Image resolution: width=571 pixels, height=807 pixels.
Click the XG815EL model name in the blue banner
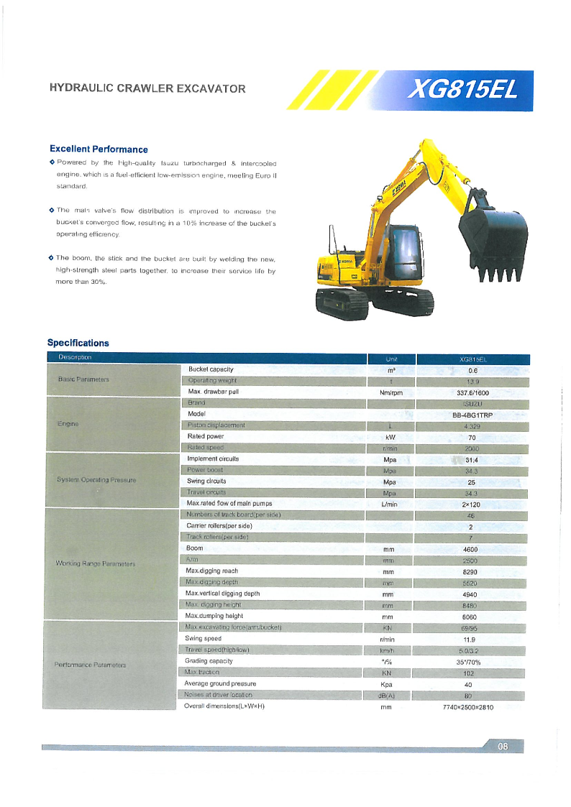point(462,91)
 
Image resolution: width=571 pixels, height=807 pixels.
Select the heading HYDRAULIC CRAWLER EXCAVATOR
point(147,89)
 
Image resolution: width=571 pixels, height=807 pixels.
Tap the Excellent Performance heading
point(99,149)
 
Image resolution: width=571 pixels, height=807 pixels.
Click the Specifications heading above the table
point(78,343)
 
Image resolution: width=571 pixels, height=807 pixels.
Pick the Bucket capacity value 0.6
point(472,369)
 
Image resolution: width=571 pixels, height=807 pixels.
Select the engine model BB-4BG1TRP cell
point(472,415)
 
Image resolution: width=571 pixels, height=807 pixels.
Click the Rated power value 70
point(472,437)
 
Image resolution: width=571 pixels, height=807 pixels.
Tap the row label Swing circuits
point(206,481)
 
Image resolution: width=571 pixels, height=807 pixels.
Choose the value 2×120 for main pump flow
point(472,504)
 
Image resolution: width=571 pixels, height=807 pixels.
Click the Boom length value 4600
point(472,549)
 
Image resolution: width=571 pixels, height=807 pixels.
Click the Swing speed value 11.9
point(472,639)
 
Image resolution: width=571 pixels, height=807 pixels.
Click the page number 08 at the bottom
point(503,747)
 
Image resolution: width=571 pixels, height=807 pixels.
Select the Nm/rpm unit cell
point(390,392)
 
